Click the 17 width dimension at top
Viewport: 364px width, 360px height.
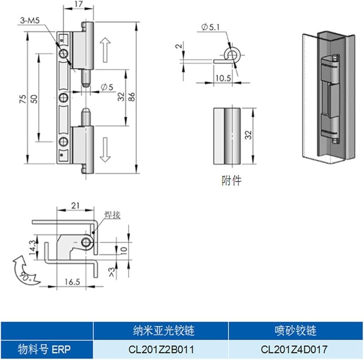(x=78, y=5)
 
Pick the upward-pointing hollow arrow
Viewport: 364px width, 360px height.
(x=105, y=50)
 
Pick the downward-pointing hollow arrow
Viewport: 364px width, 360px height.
(x=105, y=149)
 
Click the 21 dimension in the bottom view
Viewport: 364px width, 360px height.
(x=76, y=206)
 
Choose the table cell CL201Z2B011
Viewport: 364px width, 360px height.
(x=160, y=350)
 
